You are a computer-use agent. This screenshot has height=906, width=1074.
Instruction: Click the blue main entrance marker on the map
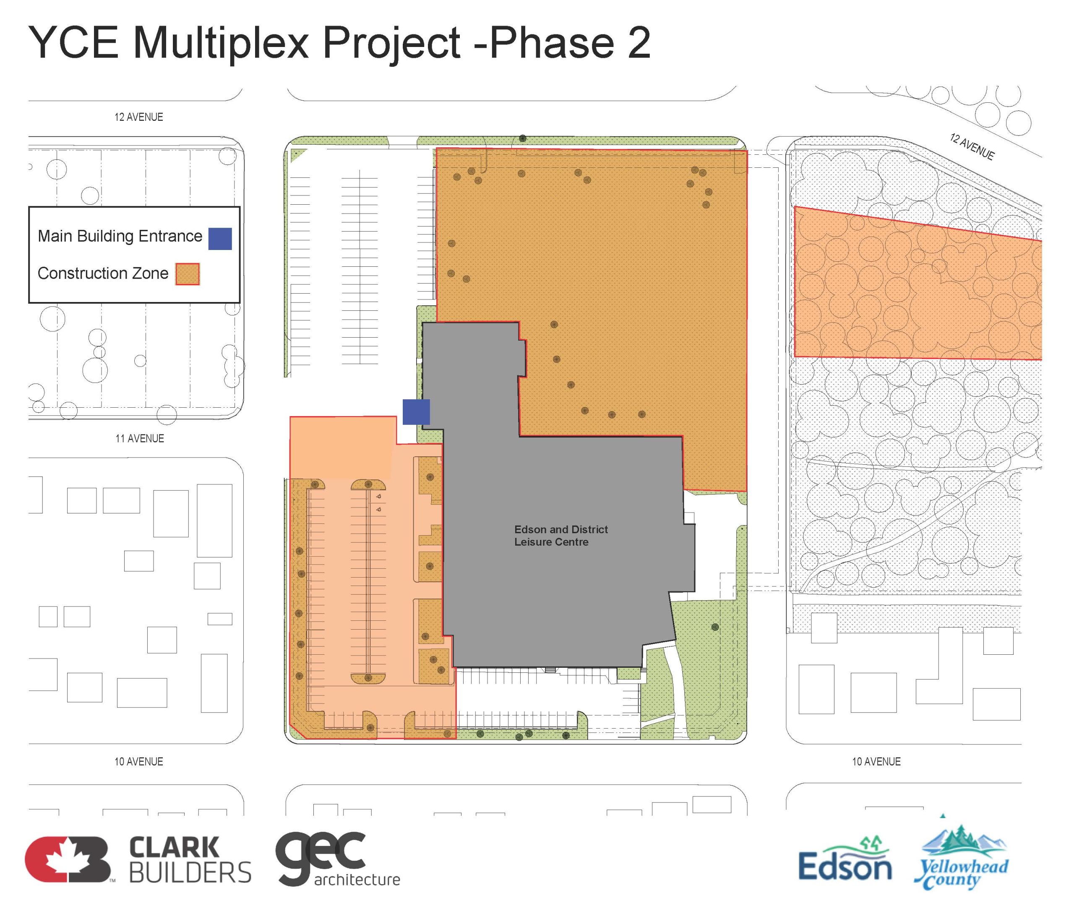click(416, 412)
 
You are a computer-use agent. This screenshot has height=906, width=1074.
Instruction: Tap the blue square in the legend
click(220, 239)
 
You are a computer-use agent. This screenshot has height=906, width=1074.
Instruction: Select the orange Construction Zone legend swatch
click(187, 274)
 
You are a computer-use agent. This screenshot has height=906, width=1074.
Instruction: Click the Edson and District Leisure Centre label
click(561, 535)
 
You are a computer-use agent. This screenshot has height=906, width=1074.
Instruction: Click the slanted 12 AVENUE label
click(972, 146)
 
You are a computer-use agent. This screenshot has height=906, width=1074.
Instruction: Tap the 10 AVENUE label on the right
click(876, 761)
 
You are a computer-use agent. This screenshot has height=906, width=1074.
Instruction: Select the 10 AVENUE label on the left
click(139, 761)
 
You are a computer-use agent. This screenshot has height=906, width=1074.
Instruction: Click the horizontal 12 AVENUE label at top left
click(139, 117)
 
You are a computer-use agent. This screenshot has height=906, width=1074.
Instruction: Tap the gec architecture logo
click(337, 859)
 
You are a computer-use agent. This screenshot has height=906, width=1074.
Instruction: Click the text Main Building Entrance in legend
click(120, 236)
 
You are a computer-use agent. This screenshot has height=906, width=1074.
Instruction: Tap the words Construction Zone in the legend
click(103, 273)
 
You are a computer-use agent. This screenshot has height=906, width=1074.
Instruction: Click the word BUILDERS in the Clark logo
click(190, 872)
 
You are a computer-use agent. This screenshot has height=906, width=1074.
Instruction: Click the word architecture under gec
click(357, 880)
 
